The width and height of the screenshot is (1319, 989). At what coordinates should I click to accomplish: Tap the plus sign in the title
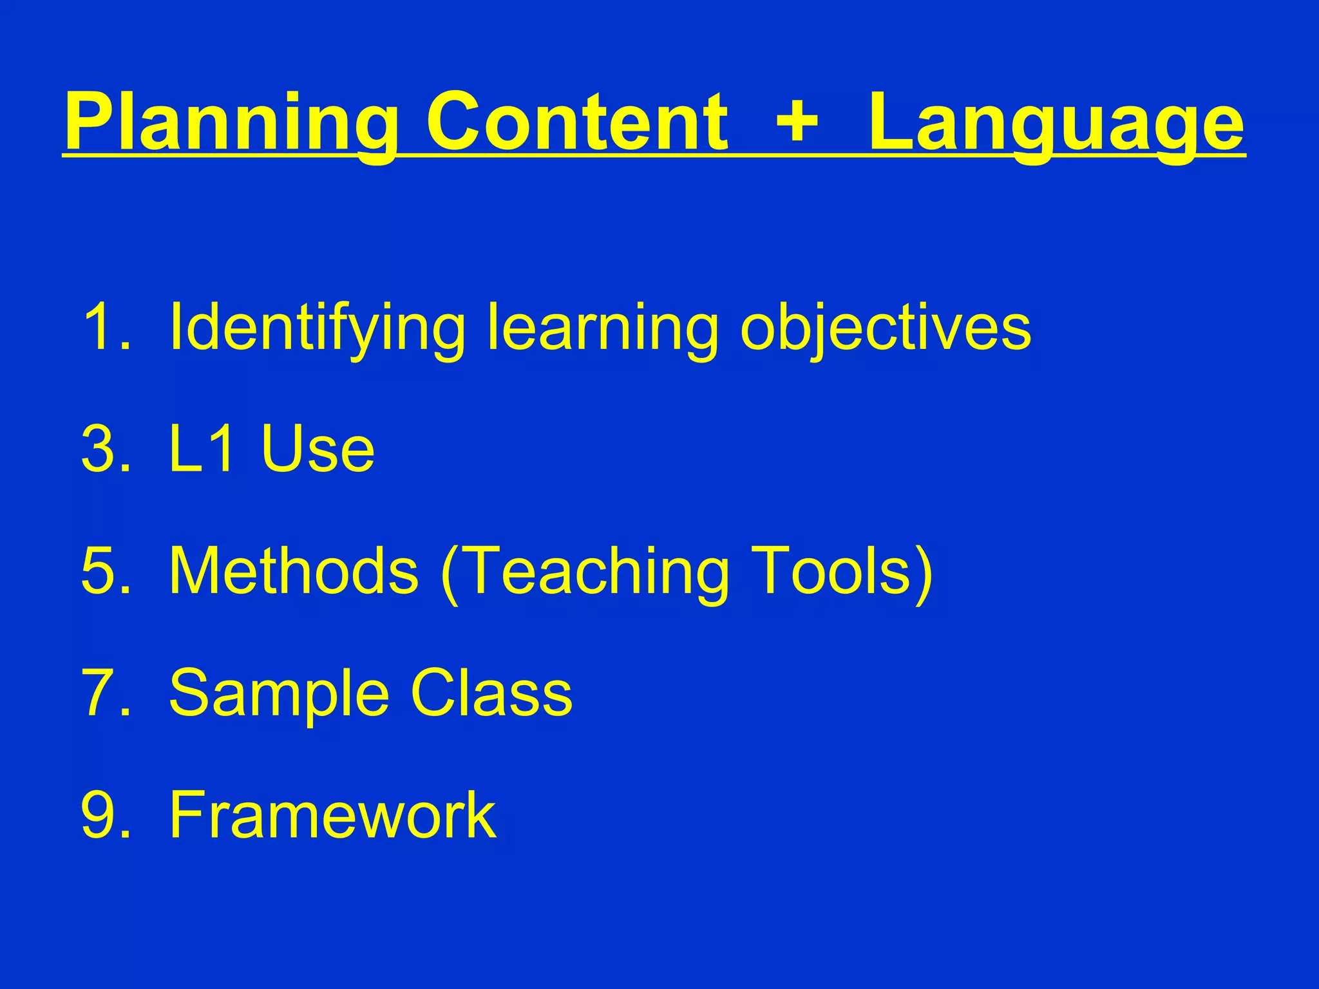coord(797,120)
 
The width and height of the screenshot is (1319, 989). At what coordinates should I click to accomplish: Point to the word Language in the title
coord(1056,122)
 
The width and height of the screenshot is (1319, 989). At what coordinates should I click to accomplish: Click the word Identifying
coord(316,328)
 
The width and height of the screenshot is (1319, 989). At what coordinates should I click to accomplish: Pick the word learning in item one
coord(602,328)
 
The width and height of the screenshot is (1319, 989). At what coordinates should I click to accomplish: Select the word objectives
coord(886,328)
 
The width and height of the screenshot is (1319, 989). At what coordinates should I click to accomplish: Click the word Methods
coord(293,570)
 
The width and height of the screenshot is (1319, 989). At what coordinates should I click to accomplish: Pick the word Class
coord(491,693)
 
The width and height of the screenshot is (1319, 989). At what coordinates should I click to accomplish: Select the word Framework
coord(332,815)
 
